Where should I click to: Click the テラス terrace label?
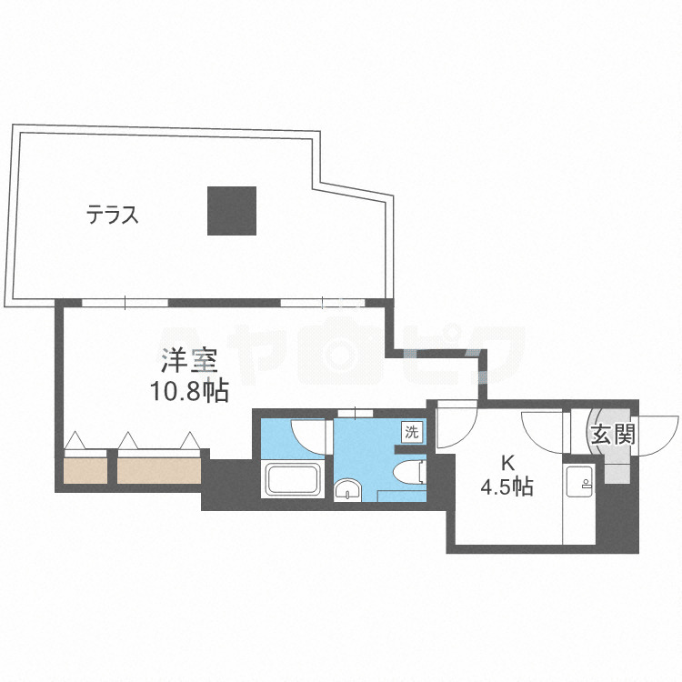click(x=113, y=216)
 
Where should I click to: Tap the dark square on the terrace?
click(x=230, y=210)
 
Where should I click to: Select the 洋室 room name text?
click(x=189, y=361)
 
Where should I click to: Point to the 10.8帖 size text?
click(x=189, y=392)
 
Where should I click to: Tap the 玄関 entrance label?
click(x=611, y=435)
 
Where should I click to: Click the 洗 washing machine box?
click(x=413, y=431)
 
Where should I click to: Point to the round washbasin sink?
click(x=346, y=491)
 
